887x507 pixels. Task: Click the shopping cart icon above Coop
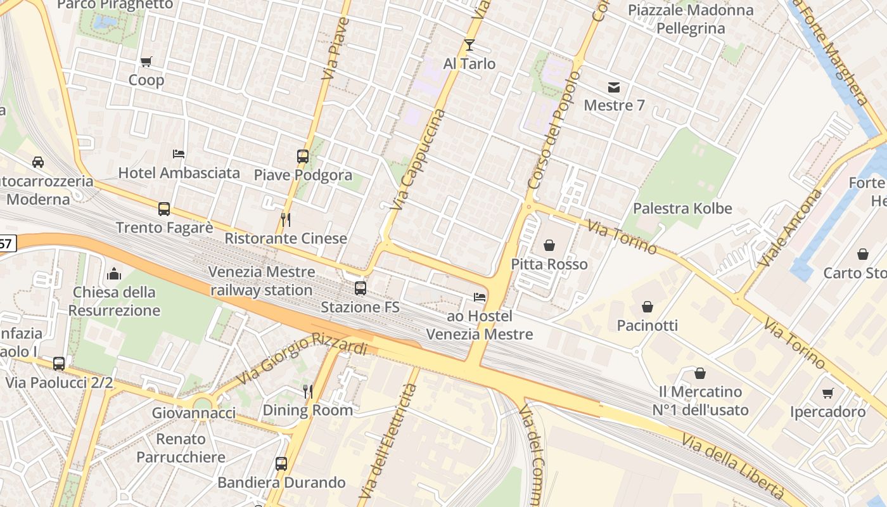tap(146, 61)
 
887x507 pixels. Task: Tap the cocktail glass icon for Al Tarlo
tap(469, 45)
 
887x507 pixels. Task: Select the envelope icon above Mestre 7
tap(614, 87)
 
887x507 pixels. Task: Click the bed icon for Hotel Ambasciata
tap(179, 154)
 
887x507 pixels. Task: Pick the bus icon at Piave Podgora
tap(303, 156)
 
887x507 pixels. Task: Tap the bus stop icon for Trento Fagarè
tap(164, 209)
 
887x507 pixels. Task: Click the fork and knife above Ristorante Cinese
tap(286, 220)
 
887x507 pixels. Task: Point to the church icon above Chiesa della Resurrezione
tap(114, 274)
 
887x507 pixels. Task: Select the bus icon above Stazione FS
tap(361, 288)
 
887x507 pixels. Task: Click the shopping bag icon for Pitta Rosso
tap(549, 245)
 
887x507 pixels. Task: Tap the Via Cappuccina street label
tap(418, 160)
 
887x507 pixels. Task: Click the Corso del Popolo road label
tap(554, 130)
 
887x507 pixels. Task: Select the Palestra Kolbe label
tap(682, 209)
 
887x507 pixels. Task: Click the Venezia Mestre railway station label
tap(262, 281)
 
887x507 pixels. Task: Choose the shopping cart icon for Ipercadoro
tap(827, 394)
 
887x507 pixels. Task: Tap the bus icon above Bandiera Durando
tap(281, 464)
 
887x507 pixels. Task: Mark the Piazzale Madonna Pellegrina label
tap(691, 19)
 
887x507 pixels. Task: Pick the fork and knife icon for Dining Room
tap(308, 391)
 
